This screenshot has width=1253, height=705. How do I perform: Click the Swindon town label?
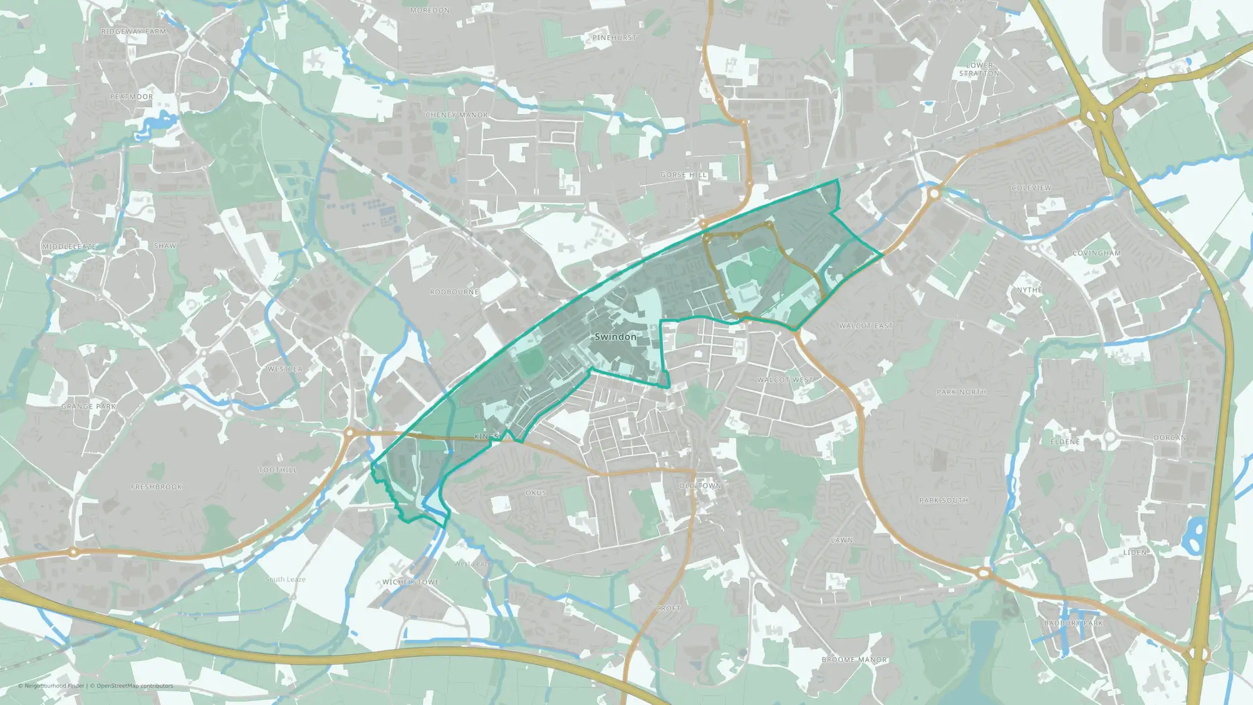[615, 337]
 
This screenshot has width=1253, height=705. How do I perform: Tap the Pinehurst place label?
[614, 38]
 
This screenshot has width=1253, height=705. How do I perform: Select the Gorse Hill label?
[684, 175]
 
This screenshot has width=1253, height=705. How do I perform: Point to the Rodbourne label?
[454, 292]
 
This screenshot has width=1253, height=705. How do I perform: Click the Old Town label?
[700, 486]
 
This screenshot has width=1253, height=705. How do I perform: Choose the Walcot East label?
[866, 326]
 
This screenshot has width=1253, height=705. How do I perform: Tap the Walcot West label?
[784, 380]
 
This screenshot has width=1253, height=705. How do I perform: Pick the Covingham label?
[1096, 253]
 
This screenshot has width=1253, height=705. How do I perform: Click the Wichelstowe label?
[410, 582]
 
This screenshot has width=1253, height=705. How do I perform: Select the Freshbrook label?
[157, 487]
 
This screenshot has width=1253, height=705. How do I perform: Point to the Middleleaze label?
[69, 247]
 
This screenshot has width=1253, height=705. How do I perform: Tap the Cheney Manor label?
[456, 115]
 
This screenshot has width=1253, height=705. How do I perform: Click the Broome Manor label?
[854, 660]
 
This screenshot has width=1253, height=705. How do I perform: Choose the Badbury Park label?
[1073, 623]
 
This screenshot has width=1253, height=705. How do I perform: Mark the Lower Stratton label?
[979, 69]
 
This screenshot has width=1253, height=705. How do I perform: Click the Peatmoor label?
[132, 97]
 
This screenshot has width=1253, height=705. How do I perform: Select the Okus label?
[536, 493]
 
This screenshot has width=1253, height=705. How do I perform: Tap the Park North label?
[961, 392]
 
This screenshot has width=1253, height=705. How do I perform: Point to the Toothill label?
[278, 470]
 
